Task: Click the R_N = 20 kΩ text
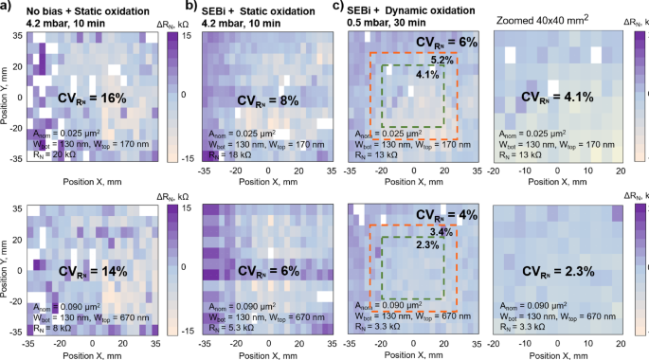pyautogui.click(x=54, y=154)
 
